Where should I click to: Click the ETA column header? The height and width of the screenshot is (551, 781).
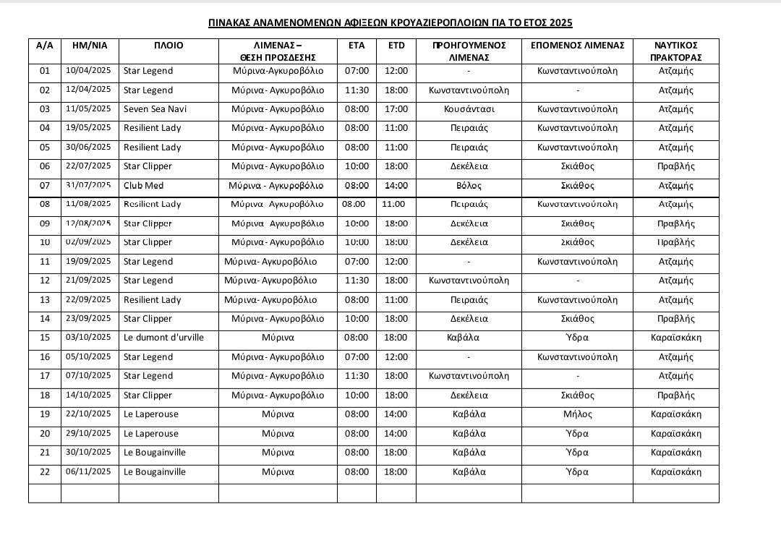coord(357,46)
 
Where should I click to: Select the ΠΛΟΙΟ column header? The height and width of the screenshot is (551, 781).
coord(168,46)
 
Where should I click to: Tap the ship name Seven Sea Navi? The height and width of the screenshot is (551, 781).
coord(154,109)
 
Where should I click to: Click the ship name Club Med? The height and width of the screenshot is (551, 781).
coord(144,186)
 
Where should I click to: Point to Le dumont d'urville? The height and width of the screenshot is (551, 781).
coord(164,338)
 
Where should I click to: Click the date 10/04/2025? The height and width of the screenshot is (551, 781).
coord(88,71)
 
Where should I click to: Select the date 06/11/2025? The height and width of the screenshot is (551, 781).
coord(88,471)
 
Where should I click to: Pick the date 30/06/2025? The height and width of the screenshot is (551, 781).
coord(88,147)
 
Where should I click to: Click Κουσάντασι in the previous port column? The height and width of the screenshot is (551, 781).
coord(469,109)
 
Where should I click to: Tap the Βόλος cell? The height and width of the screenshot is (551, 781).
coord(469,186)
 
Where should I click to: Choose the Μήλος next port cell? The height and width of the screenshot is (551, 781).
coord(577,414)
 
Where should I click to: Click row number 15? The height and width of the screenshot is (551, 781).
coord(45,338)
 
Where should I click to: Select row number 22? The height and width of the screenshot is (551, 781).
coord(45,472)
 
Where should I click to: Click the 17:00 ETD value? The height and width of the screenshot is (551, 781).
coord(396,109)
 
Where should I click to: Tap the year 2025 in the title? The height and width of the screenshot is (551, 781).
coord(560,23)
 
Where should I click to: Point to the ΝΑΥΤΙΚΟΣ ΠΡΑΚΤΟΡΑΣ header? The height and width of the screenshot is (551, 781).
coord(675,51)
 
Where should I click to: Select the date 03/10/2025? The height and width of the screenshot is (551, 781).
coord(88,338)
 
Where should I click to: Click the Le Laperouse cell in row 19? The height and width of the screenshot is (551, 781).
coord(151,414)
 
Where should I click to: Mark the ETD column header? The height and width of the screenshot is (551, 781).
coord(396,46)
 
